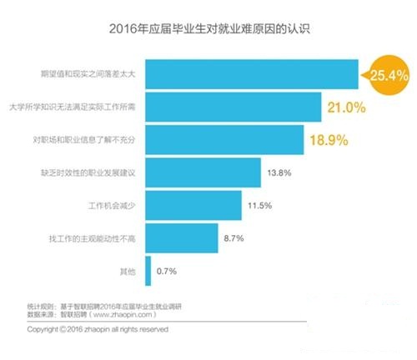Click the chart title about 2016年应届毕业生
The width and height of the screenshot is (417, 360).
point(209,31)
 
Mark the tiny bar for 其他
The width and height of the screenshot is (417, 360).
point(148,271)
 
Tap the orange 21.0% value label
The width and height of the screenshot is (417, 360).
point(349,108)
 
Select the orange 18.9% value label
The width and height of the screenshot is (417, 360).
point(331,141)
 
